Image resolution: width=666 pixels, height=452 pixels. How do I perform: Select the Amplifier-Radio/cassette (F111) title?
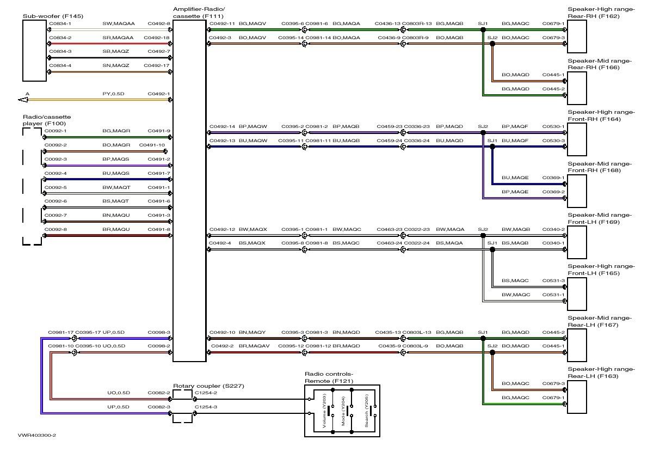pos(199,13)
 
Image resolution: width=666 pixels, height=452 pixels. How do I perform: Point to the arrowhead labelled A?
pos(23,99)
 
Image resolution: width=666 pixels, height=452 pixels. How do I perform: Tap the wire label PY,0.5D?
pos(113,94)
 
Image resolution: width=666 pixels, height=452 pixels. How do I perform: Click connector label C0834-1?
pos(60,24)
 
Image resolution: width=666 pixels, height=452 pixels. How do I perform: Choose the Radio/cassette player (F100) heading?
pos(47,120)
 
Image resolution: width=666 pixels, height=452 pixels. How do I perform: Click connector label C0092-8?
pos(55,229)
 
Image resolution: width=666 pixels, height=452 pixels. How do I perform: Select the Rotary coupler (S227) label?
pos(208,386)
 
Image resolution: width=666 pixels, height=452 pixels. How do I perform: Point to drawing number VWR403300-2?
pos(37,436)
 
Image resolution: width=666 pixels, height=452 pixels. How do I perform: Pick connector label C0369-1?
pos(553,178)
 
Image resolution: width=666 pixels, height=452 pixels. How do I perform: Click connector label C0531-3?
pos(553,280)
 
